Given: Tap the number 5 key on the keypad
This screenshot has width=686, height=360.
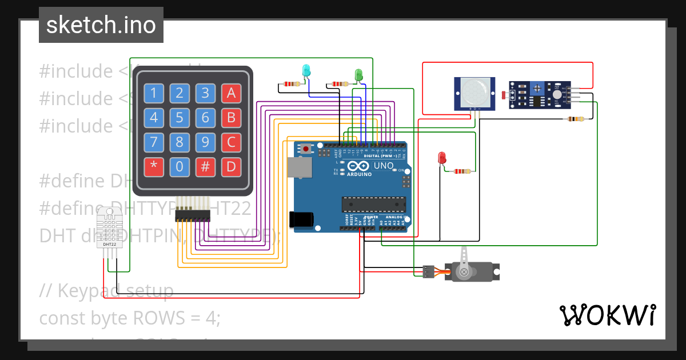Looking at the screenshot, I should click(180, 118).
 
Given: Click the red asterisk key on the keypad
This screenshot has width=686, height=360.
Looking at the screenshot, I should click(153, 167).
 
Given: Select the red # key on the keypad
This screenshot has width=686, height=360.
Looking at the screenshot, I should click(205, 167).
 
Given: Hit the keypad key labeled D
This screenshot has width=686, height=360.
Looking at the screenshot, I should click(231, 167).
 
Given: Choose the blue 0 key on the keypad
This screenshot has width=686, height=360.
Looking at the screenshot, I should click(180, 167).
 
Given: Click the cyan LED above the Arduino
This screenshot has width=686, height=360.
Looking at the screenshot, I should click(306, 71).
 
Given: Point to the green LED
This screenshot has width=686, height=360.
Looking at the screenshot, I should click(358, 74).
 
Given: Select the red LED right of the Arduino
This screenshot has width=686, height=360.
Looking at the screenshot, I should click(441, 158).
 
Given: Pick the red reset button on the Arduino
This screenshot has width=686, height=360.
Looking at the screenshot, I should click(306, 149).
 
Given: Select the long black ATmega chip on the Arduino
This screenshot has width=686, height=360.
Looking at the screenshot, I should click(373, 204).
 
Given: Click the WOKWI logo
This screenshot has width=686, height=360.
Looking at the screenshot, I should click(607, 315).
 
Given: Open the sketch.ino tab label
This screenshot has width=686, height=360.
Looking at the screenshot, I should click(101, 25).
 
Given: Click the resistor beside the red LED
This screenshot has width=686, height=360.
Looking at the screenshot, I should click(461, 171).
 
